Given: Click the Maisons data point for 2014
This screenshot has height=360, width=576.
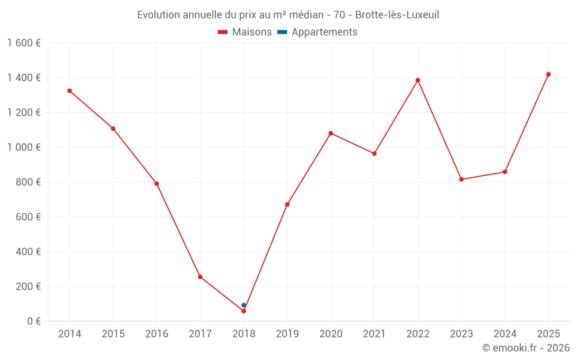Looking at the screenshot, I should point(70,91).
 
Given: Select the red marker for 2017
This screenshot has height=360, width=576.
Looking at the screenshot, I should point(200,277).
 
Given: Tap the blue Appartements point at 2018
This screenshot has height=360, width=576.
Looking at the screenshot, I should point(244,305).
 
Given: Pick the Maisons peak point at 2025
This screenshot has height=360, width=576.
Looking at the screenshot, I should point(548,74).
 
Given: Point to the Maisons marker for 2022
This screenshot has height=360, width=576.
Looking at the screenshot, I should point(418,80).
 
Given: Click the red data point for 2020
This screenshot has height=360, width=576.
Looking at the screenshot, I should point(331,133).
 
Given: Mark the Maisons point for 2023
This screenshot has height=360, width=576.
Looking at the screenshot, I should point(461,179).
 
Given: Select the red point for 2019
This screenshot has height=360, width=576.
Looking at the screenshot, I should point(287,204).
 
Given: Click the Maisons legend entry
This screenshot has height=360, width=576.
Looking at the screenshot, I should point(245,32).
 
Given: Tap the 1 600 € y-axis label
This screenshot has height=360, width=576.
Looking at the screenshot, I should point(24,43).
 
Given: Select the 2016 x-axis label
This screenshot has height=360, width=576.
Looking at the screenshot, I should point(157,334).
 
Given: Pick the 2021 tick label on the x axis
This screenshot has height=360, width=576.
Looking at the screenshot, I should point(374,334).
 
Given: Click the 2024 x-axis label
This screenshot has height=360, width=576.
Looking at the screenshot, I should point(505,334).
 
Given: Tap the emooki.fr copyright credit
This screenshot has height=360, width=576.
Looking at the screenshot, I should point(526,348).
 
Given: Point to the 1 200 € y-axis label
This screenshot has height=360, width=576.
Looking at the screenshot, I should point(24,112).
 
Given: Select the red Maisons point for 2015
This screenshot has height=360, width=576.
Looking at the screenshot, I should point(113,128).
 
